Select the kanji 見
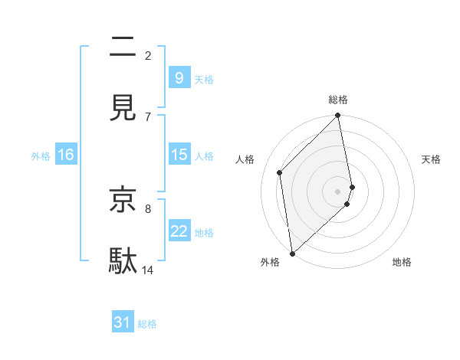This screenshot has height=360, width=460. [x=123, y=107]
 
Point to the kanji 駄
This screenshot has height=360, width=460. [x=123, y=260]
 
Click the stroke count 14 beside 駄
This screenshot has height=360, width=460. [x=148, y=270]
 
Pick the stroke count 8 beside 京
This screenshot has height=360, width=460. [x=148, y=208]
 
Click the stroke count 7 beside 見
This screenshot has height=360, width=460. [x=148, y=116]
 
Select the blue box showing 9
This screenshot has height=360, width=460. [x=179, y=78]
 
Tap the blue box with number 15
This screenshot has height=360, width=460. [x=179, y=155]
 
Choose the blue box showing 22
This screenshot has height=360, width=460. [x=179, y=231]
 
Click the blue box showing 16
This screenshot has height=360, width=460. [x=65, y=155]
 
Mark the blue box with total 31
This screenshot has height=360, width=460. [x=123, y=323]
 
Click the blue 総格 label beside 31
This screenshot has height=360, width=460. [x=147, y=324]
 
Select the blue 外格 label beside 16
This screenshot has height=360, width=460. [x=41, y=155]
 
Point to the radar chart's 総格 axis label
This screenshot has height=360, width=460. [x=338, y=100]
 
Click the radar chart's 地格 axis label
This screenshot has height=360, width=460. [x=402, y=262]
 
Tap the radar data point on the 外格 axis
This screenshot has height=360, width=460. [x=292, y=254]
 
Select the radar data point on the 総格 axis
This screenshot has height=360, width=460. [x=338, y=116]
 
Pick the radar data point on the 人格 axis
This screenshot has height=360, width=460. [x=280, y=172]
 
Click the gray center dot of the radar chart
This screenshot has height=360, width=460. [x=338, y=191]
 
